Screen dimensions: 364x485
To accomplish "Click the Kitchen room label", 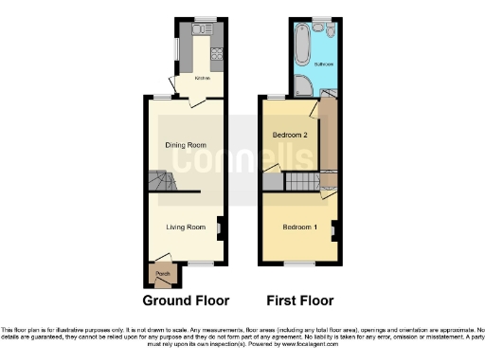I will click(x=202, y=78).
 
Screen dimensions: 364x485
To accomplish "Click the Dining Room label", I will click(x=186, y=145).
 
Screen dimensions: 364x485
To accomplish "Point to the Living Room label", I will click(x=186, y=227).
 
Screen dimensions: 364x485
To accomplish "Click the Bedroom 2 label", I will click(x=291, y=136).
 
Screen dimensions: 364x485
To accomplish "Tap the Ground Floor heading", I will click(x=186, y=300).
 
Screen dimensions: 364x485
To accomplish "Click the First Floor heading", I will click(x=298, y=300).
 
